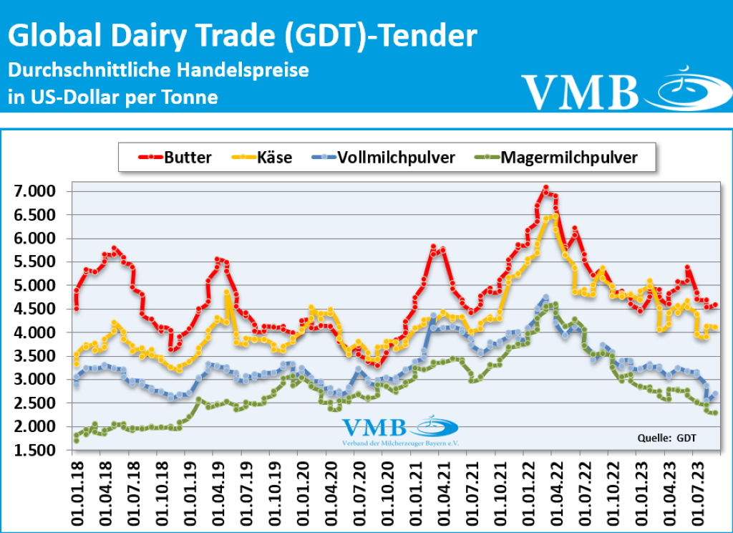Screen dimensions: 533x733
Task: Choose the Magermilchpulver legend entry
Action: click(x=559, y=158)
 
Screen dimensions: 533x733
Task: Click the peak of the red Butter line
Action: click(x=545, y=188)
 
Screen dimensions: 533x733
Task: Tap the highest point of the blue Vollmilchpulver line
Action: click(x=545, y=296)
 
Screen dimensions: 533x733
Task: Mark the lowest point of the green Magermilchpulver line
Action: click(x=76, y=440)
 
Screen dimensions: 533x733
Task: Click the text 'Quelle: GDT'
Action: click(x=666, y=437)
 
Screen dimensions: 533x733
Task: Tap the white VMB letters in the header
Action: click(x=580, y=91)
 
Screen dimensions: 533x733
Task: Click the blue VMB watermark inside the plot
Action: click(x=374, y=428)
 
